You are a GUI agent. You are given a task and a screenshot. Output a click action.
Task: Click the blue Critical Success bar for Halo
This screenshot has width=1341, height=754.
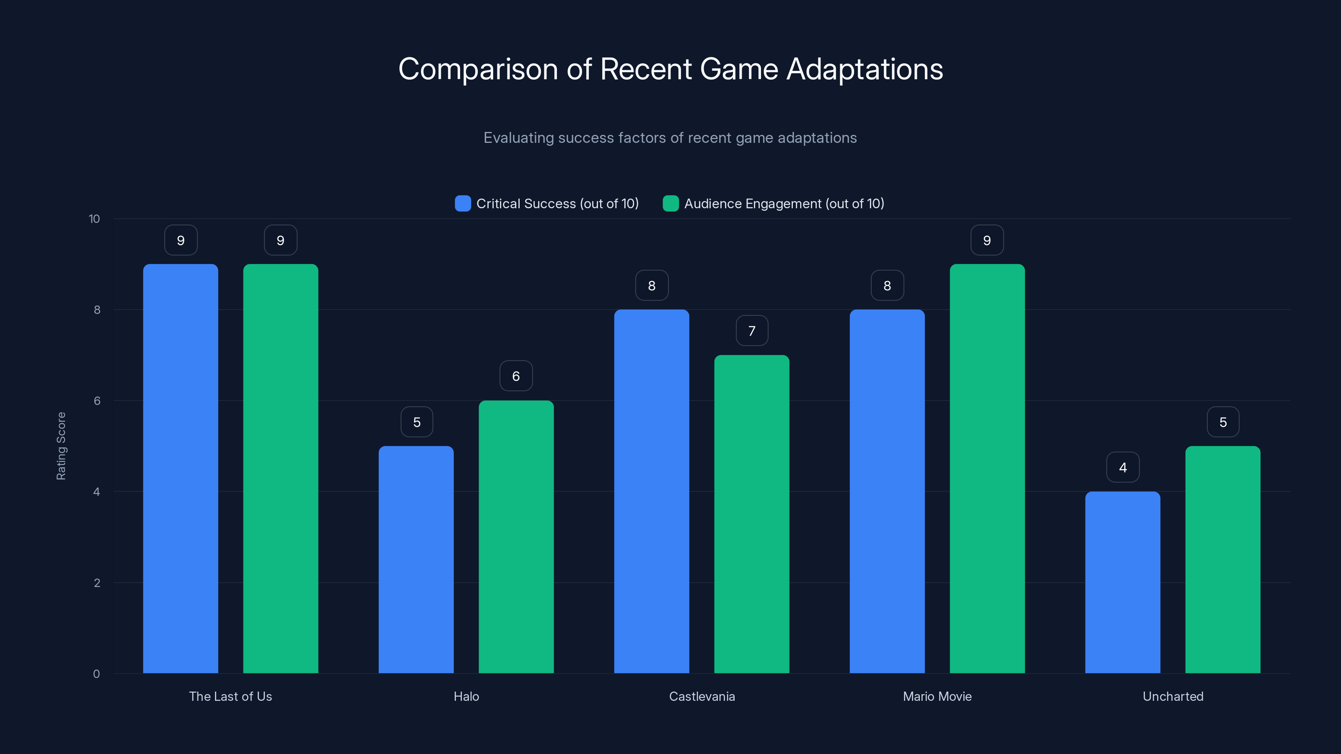point(416,559)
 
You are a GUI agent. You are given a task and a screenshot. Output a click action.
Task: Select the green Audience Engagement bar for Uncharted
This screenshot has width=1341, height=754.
point(1222,559)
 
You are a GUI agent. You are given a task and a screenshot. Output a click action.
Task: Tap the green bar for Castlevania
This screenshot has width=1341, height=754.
point(751,514)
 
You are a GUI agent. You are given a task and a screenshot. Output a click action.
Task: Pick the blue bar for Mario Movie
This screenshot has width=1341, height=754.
point(887,491)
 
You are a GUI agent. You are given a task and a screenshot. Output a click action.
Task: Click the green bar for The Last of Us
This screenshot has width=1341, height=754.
point(281,468)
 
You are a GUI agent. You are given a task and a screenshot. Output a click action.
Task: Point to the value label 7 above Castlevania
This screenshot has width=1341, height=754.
point(752,331)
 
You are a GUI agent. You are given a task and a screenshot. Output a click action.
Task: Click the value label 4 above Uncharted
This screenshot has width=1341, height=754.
point(1123,467)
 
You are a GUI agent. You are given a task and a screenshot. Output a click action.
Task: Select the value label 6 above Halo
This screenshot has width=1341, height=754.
point(516,376)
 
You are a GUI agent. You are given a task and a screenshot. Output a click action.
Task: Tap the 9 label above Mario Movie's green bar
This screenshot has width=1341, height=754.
point(987,240)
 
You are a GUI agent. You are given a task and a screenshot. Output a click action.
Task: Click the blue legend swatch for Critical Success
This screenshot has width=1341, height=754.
point(463,204)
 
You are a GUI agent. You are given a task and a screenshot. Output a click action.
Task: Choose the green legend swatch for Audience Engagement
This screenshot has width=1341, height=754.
point(670,204)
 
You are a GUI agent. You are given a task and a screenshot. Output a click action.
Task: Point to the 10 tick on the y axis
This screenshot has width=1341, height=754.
point(94,219)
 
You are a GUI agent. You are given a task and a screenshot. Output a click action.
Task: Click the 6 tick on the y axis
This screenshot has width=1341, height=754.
point(97,401)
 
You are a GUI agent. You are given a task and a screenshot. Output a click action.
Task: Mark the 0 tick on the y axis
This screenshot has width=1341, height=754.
point(96,674)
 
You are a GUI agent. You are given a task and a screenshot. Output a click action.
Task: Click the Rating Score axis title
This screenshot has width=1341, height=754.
point(61,446)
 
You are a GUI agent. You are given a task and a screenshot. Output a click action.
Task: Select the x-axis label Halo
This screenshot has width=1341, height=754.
point(466,696)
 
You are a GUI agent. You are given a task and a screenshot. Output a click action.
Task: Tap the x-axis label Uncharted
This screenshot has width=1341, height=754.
point(1173,696)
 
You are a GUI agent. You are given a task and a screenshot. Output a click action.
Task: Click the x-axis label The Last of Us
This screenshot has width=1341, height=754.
point(230,696)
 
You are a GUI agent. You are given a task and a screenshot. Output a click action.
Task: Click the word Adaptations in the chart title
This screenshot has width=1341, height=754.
point(865,69)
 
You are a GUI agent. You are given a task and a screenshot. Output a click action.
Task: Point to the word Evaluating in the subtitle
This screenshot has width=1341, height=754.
point(518,138)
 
